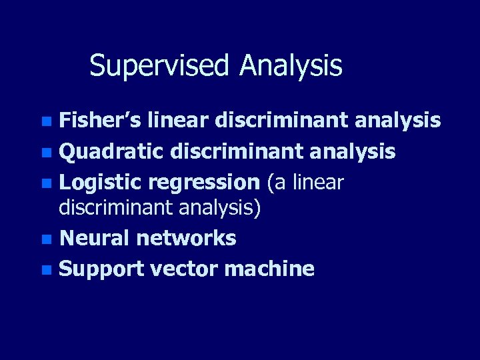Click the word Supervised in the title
click(161, 66)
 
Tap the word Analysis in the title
click(291, 66)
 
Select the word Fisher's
click(101, 121)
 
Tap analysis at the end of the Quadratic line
click(353, 151)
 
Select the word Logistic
click(101, 182)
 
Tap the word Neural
click(94, 238)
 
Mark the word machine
click(270, 269)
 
